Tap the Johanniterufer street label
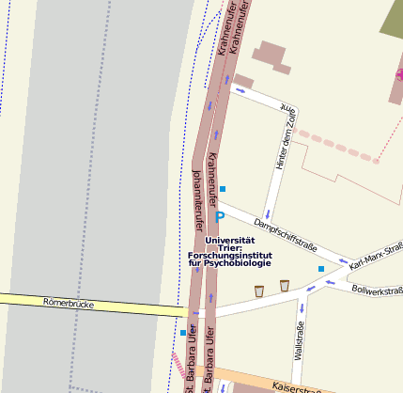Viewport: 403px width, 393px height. [198, 199]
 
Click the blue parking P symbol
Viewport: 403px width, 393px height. [220, 217]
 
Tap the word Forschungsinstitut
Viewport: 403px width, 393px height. [229, 255]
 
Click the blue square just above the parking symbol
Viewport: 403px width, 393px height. [223, 189]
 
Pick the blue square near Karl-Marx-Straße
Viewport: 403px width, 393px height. [320, 270]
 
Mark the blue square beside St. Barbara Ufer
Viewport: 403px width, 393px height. [183, 333]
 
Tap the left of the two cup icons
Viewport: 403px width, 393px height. [259, 291]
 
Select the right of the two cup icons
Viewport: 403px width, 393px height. [284, 285]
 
